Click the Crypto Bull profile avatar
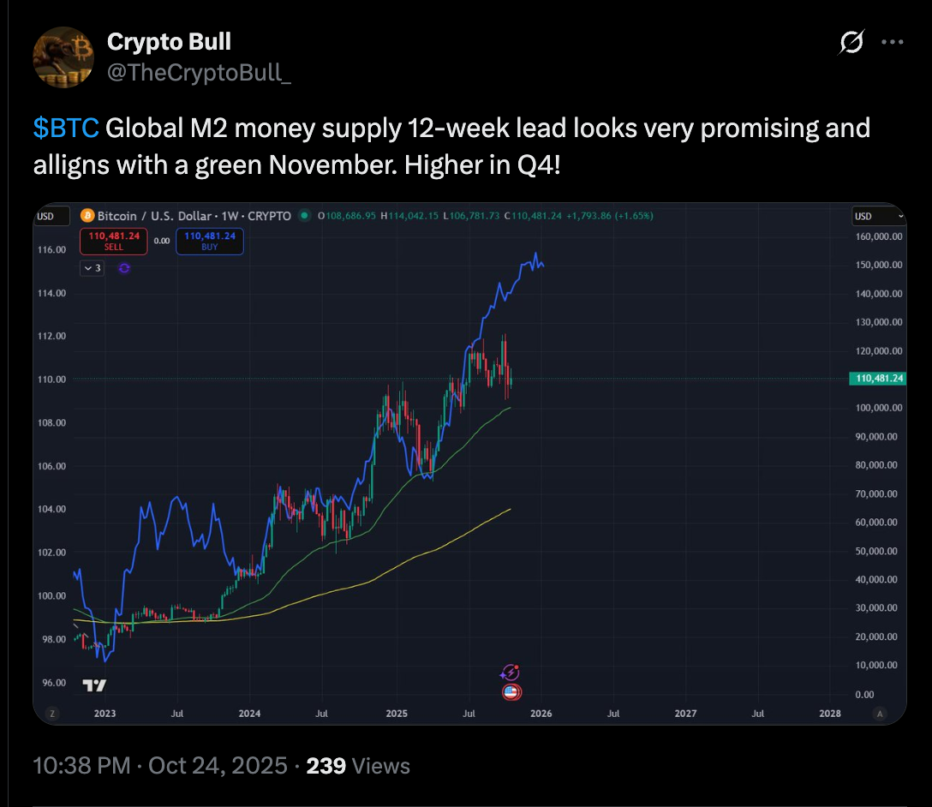[63, 57]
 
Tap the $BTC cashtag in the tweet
[66, 129]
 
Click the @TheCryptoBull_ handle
[200, 73]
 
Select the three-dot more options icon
[893, 42]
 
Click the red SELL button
[114, 241]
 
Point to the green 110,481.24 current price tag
[875, 378]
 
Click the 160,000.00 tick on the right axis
[875, 236]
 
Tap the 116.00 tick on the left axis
[54, 249]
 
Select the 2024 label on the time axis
[249, 713]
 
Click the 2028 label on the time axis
[829, 713]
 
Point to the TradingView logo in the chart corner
[94, 685]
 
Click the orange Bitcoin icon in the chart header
[87, 216]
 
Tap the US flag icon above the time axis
[511, 692]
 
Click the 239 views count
[326, 765]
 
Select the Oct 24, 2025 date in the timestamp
[218, 765]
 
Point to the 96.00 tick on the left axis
[54, 683]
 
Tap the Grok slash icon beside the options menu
[851, 42]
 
